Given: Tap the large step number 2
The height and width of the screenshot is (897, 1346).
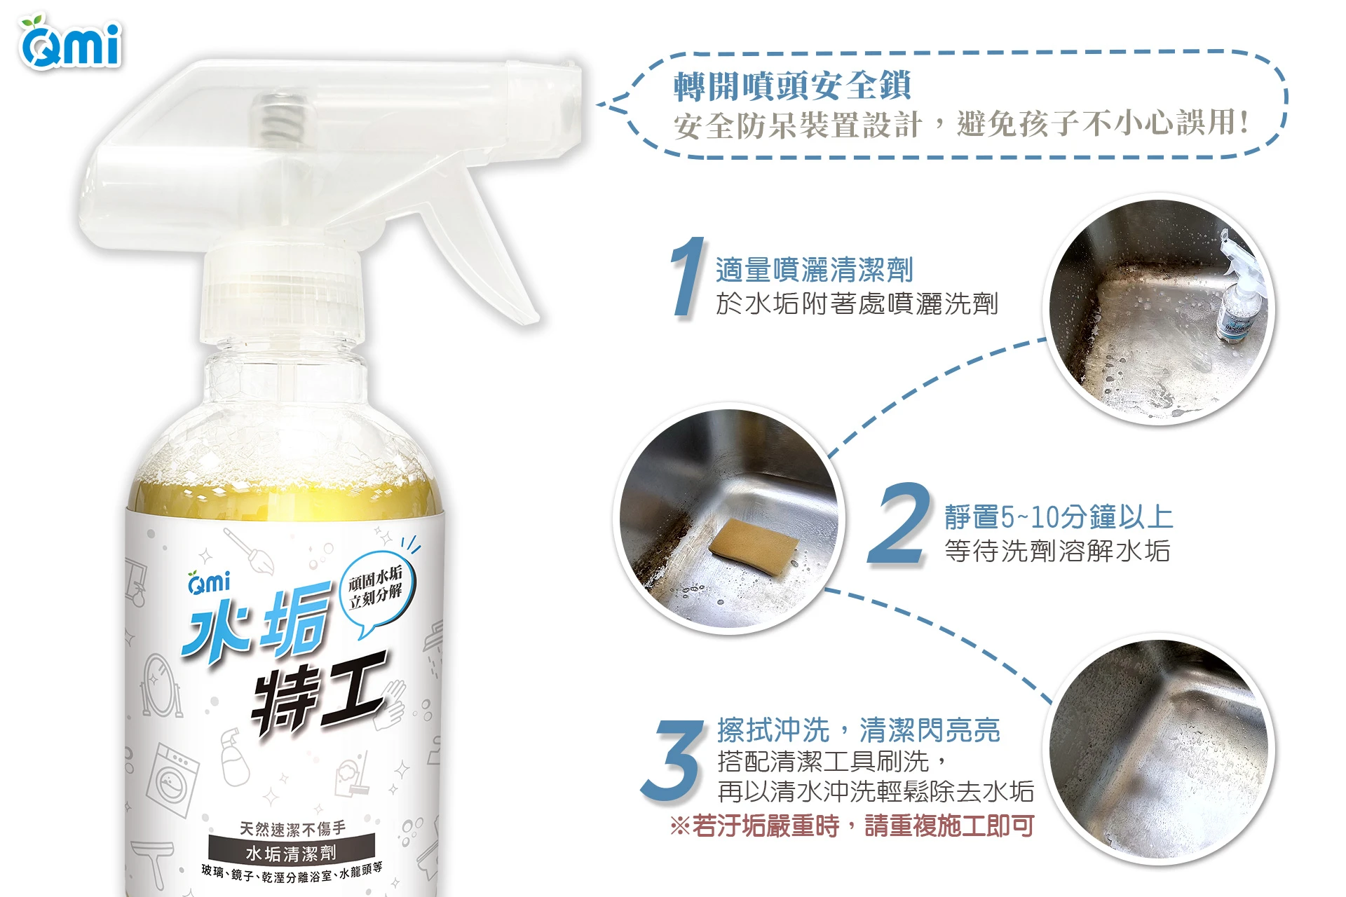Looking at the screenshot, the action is pos(899,523).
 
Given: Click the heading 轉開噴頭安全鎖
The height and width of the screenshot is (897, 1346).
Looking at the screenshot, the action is pos(792,86).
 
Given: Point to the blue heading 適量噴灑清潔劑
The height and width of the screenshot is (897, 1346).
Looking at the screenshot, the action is pos(814,270).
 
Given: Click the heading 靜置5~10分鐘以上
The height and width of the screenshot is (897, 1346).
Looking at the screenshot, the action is pos(1059,517).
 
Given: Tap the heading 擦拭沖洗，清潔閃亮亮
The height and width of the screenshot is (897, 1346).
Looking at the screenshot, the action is pos(858,730).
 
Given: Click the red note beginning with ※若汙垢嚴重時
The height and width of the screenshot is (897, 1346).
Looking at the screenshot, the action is pos(852,826).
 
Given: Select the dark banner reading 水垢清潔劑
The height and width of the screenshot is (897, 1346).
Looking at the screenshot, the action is pos(291,853).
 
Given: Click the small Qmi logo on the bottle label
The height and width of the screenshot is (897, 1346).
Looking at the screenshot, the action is pos(208,582).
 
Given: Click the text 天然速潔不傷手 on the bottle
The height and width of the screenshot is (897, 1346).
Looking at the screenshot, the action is pos(292,828).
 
